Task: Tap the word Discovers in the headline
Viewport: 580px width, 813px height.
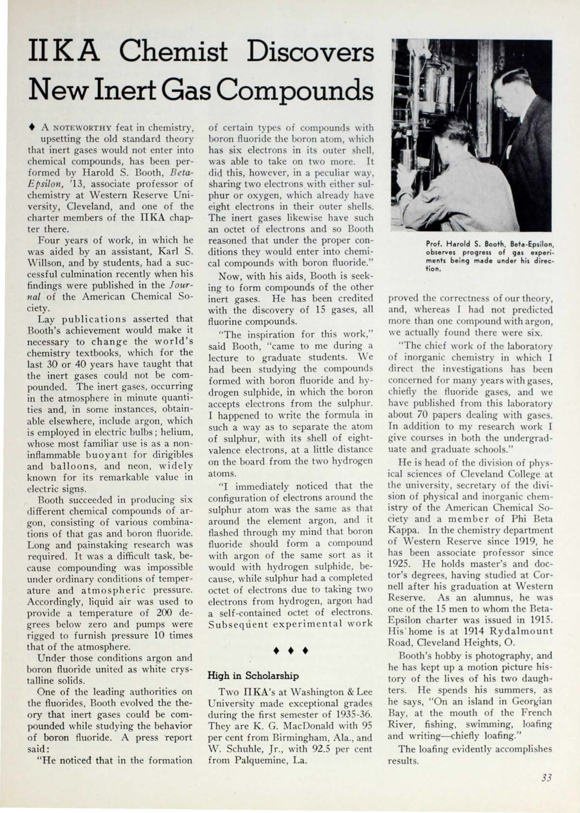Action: click(310, 52)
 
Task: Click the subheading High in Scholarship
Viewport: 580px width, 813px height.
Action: click(253, 676)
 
